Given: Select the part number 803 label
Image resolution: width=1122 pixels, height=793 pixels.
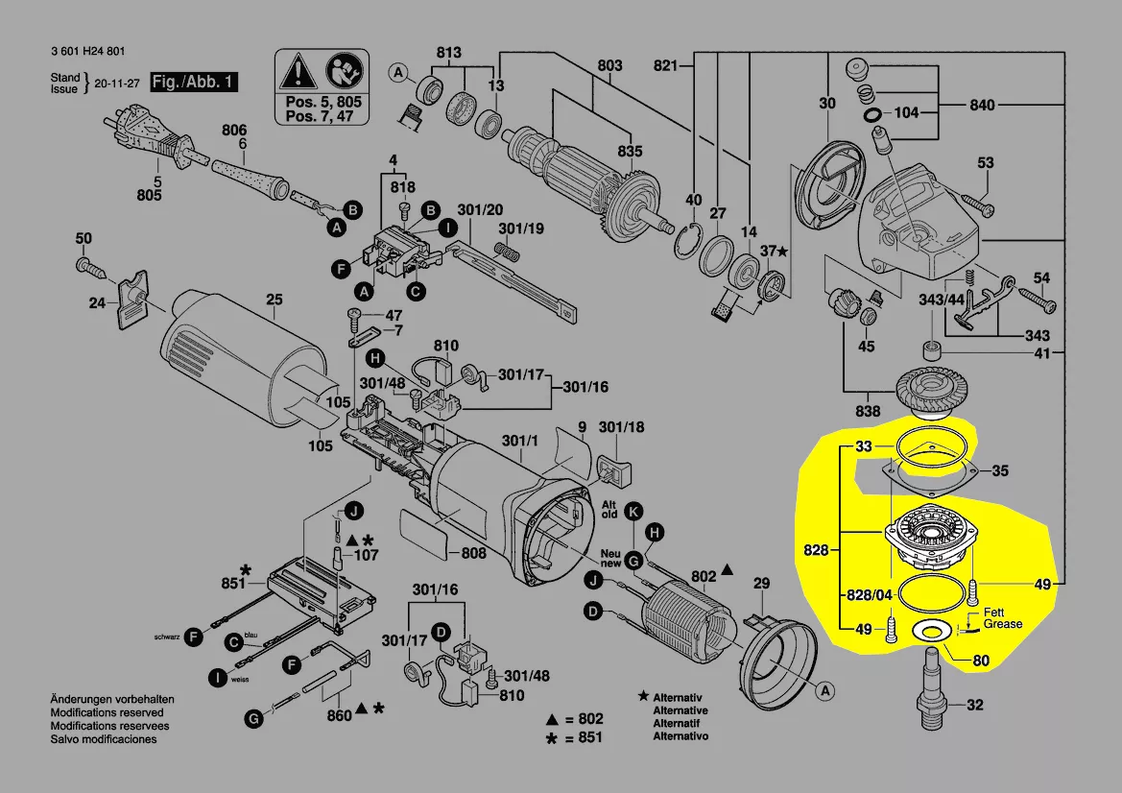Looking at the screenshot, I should (x=609, y=65).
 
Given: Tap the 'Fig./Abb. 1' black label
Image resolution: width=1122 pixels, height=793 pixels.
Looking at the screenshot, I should (x=193, y=82).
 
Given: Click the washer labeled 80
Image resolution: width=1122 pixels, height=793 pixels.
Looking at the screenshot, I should (x=930, y=631).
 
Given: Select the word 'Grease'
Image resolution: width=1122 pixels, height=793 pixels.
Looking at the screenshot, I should (x=1002, y=624).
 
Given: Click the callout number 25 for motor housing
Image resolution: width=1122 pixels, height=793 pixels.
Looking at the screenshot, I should (x=275, y=300).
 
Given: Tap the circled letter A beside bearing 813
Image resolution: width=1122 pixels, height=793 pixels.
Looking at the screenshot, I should (x=396, y=73).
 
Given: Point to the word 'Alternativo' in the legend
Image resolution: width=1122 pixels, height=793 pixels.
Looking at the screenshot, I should (x=680, y=736).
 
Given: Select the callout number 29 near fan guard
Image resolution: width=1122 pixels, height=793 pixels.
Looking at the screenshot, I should (x=761, y=584).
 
